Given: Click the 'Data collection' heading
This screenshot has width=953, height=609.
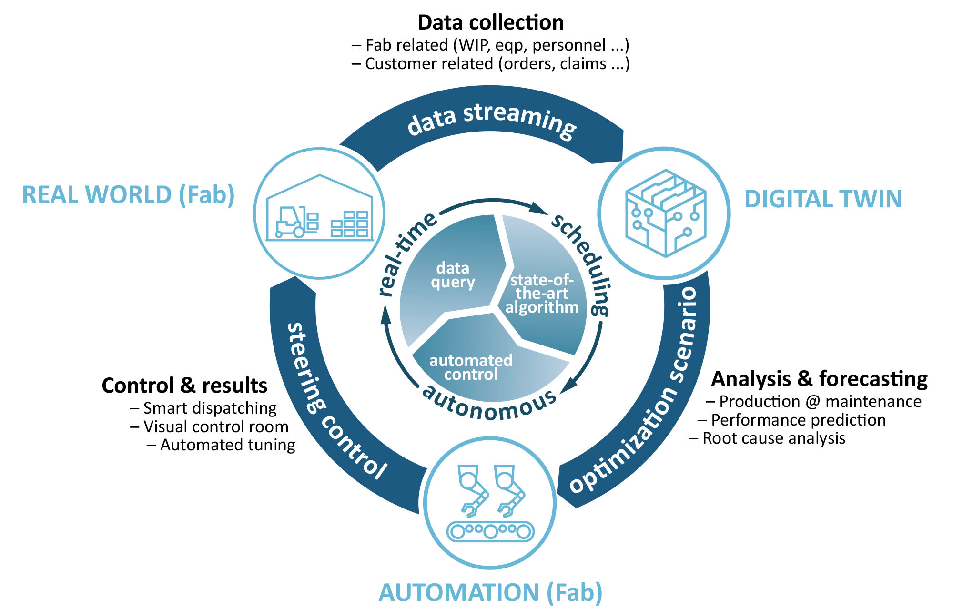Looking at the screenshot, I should [x=490, y=22].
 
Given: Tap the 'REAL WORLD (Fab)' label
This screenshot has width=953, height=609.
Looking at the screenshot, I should [x=128, y=195].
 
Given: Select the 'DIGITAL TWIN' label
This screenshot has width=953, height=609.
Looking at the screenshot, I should [x=823, y=199].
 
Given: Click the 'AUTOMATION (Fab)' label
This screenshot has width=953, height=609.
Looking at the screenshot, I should [x=490, y=592].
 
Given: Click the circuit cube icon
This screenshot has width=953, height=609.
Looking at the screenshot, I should [x=665, y=213].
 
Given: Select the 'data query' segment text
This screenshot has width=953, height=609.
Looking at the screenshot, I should [x=453, y=275].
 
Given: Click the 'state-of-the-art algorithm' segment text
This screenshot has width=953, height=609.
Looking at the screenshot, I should [x=542, y=294].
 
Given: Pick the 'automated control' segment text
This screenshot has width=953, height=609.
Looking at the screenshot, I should [x=471, y=367].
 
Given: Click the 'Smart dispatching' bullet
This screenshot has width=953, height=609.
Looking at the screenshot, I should [x=209, y=408].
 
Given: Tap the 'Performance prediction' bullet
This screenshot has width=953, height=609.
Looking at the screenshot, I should [x=798, y=420].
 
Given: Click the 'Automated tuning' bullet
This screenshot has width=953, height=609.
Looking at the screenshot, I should [x=227, y=445].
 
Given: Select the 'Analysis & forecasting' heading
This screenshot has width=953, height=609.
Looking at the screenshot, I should [x=819, y=379].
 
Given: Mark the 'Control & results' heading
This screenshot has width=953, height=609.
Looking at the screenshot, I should [x=184, y=385].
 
